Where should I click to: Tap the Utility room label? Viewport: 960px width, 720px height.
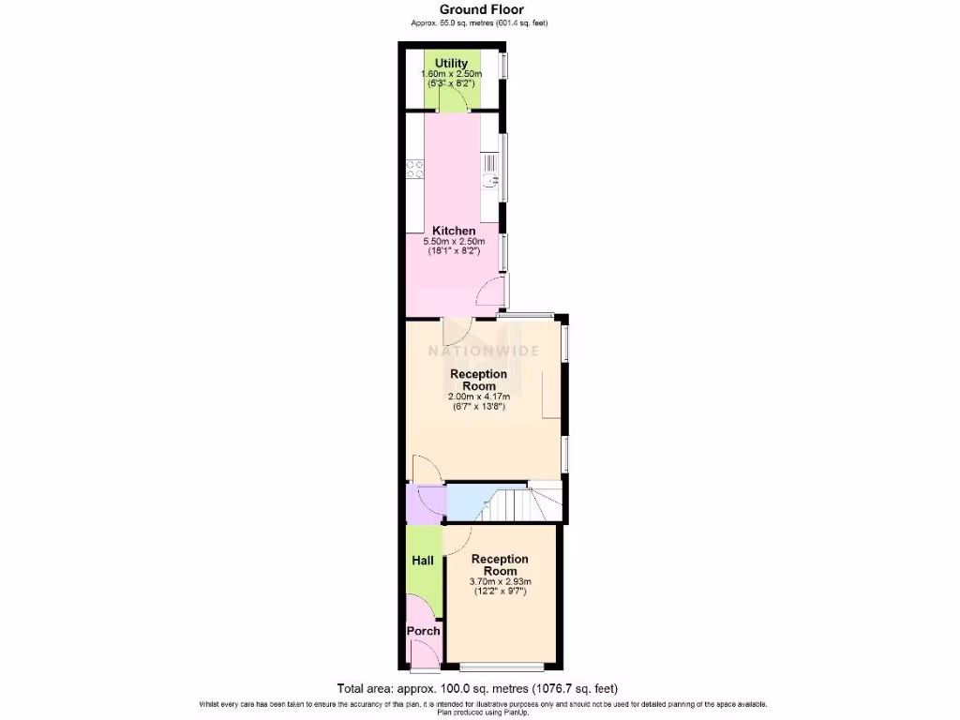coord(451,64)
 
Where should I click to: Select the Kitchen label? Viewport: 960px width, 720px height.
coord(454,231)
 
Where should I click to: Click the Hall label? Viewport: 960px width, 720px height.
coord(423,561)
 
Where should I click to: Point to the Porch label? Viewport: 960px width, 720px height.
coord(423,631)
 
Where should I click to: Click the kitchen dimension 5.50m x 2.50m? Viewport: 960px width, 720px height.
coord(454,242)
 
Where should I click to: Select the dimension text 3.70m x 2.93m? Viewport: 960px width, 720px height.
coord(500,581)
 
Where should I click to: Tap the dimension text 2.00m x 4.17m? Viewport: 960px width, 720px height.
coord(479,397)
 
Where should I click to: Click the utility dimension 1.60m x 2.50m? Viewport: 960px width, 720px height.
coord(451,74)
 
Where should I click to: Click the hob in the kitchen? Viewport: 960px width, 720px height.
coord(414,170)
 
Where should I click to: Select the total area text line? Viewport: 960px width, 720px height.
coord(478,687)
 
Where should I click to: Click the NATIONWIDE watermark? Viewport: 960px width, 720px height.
coord(484,352)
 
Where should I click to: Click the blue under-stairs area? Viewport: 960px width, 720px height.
coord(466,502)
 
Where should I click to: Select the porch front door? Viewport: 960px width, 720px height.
coord(425,667)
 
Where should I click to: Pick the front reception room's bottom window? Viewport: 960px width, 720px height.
coord(502,667)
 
